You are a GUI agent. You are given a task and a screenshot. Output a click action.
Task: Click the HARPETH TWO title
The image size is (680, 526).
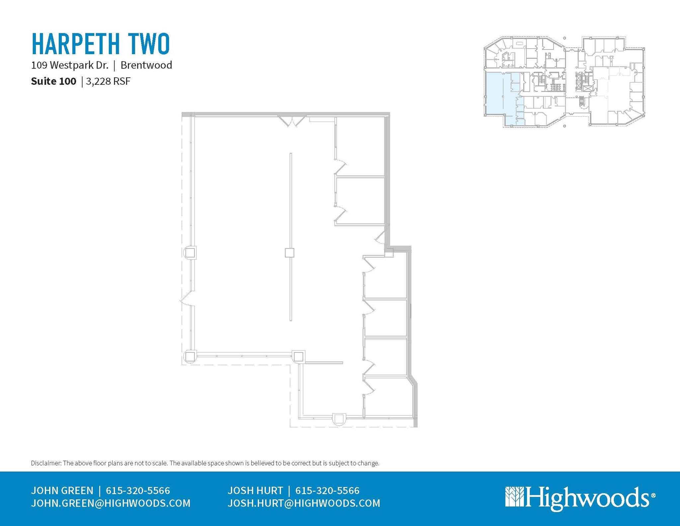101,44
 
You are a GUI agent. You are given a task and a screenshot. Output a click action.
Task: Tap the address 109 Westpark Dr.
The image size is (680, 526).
70,65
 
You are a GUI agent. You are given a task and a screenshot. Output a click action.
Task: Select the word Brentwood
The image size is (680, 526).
146,65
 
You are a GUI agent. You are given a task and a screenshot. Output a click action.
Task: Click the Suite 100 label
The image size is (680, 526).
53,81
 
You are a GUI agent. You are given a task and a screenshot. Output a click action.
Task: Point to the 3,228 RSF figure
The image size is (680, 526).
108,81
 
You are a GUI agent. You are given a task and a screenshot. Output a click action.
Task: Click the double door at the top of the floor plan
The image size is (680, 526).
292,121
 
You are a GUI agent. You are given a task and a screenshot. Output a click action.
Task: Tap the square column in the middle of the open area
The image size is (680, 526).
290,253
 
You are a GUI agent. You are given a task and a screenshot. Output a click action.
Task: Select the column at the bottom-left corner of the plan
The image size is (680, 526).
190,357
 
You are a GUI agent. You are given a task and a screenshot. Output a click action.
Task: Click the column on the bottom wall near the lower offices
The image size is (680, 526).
339,419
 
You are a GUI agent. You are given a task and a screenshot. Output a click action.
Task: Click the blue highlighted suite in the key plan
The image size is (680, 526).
498,96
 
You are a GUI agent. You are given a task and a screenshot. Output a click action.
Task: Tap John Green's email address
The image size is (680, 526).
111,503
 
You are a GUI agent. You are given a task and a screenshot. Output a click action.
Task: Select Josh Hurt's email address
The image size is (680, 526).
304,503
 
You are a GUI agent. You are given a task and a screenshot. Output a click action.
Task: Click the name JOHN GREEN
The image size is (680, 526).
62,491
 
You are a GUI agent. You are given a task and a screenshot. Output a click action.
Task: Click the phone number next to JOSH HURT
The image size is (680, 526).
327,491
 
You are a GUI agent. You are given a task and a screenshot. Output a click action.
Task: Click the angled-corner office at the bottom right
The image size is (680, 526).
388,397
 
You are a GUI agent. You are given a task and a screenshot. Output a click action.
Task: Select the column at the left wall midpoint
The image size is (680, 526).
190,253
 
